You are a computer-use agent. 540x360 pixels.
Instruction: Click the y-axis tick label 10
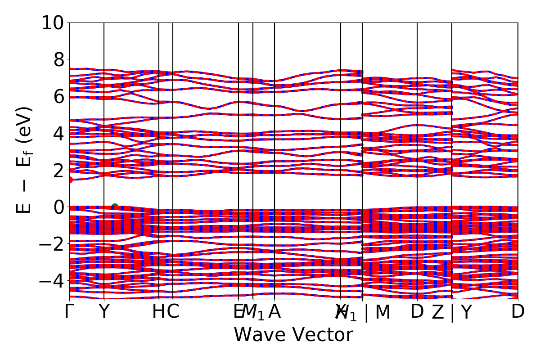click(x=53, y=22)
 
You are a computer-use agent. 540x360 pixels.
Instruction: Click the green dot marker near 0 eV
click(x=115, y=207)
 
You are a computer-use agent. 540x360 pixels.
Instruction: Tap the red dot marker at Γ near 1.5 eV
click(x=70, y=180)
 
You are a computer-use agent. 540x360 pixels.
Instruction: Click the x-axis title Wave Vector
click(x=293, y=335)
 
